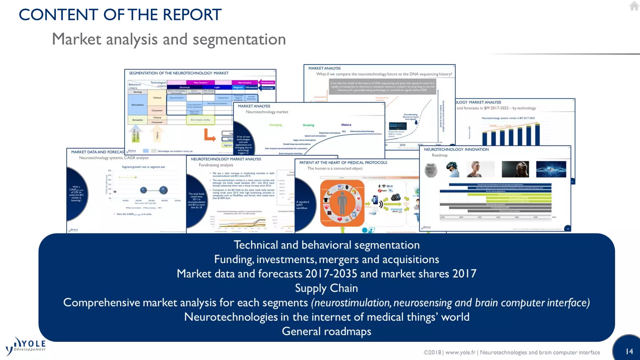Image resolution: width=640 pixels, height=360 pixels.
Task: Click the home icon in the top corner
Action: [634, 6]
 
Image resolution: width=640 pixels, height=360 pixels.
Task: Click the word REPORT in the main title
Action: [192, 15]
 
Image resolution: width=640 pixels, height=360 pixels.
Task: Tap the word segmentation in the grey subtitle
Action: [239, 39]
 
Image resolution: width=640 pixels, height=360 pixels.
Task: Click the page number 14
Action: [629, 351]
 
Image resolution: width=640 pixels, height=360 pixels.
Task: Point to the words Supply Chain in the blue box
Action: [326, 288]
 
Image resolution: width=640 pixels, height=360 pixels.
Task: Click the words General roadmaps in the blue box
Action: [326, 331]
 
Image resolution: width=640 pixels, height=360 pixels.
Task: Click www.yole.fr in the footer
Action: [460, 352]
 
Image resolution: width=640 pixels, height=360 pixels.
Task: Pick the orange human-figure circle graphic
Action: [342, 203]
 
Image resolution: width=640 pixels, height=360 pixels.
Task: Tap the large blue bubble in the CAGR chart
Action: [163, 190]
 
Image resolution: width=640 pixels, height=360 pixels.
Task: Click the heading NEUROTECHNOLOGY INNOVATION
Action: [456, 149]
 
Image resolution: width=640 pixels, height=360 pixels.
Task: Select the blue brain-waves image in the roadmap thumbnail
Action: [551, 169]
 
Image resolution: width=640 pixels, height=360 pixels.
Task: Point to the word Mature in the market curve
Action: [346, 125]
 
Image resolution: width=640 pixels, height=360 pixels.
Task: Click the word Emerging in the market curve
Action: [275, 125]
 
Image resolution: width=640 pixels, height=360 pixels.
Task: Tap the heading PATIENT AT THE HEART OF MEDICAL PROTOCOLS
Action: [343, 162]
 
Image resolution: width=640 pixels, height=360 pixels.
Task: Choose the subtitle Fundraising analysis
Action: [216, 165]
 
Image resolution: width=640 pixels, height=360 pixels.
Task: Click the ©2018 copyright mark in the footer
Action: [432, 352]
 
